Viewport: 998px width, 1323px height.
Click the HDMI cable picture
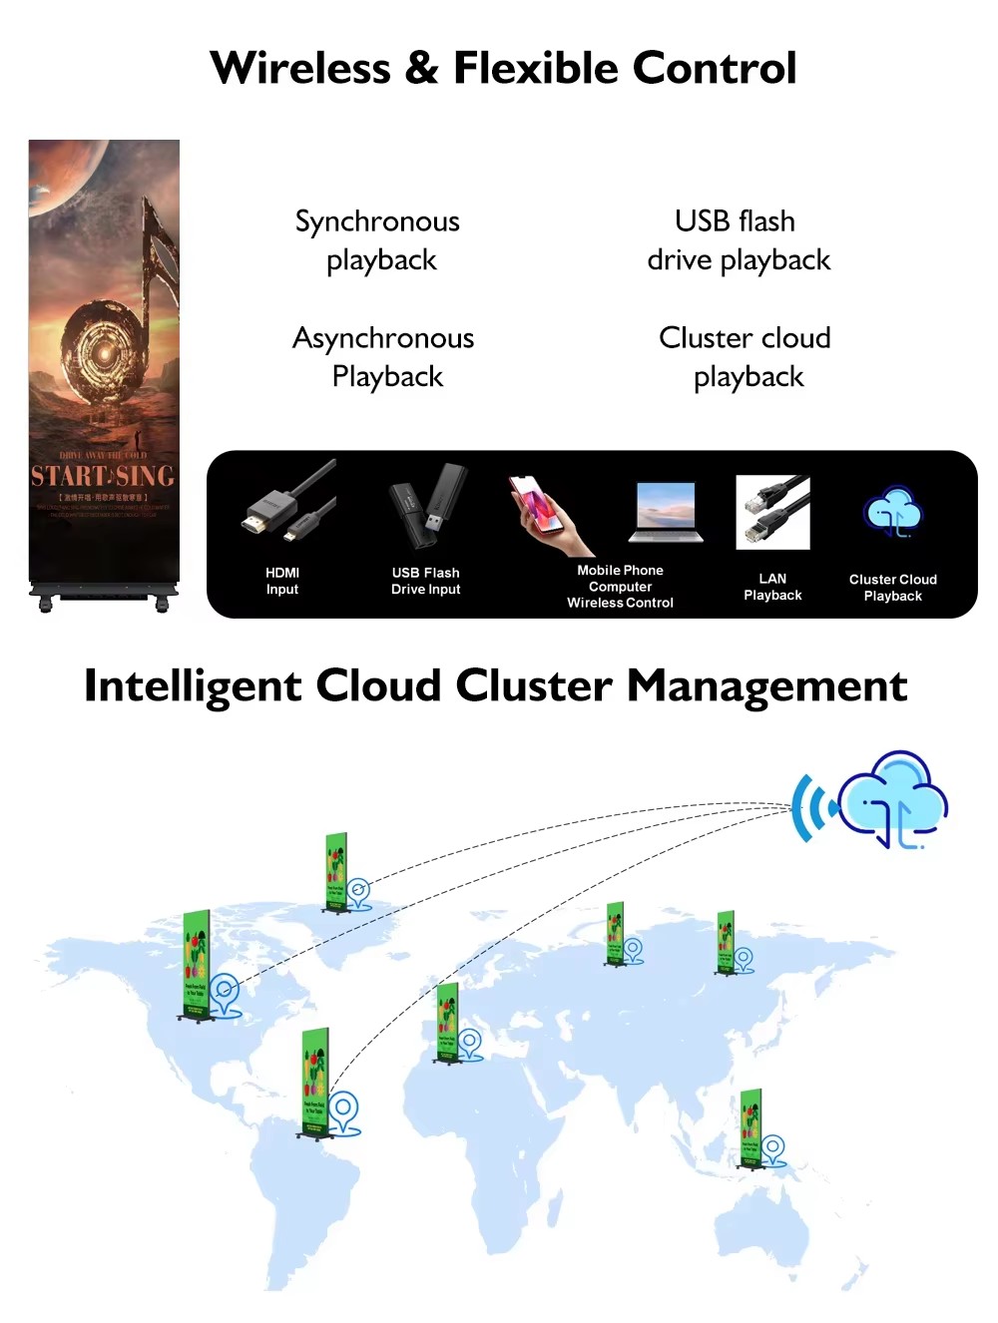click(x=288, y=505)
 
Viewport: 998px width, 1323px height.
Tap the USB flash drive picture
click(x=427, y=507)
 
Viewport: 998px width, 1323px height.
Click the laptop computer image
click(x=666, y=512)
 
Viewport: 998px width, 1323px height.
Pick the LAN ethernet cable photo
click(x=772, y=512)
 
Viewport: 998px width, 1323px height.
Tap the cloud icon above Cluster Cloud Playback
click(x=893, y=513)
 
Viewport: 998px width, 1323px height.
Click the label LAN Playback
click(x=772, y=587)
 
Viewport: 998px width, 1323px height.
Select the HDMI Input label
click(x=282, y=581)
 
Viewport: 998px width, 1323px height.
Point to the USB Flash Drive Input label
click(x=426, y=581)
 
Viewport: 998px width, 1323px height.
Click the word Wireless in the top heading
click(x=300, y=69)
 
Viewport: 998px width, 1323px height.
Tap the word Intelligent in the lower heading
click(x=193, y=686)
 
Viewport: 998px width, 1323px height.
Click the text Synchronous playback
click(x=378, y=240)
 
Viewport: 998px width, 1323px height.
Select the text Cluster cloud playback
click(x=746, y=357)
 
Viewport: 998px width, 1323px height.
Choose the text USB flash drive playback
click(x=738, y=240)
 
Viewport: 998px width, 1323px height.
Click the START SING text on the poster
click(x=103, y=476)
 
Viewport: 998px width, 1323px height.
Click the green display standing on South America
click(x=315, y=1084)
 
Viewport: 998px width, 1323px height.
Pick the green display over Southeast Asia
click(x=750, y=1127)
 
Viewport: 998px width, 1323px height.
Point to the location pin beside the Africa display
click(x=470, y=1043)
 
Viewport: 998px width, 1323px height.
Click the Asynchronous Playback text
click(x=384, y=357)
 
